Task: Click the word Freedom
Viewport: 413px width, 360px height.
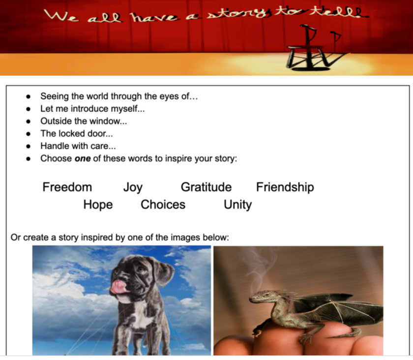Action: pos(67,187)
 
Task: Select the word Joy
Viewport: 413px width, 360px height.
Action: pos(133,188)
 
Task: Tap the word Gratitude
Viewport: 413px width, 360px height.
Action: pos(206,187)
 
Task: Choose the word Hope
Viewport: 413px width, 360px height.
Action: pos(98,205)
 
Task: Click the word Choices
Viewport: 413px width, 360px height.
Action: pos(163,205)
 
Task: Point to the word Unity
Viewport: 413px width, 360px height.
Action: pos(238,205)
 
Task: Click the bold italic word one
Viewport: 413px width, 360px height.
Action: pos(83,159)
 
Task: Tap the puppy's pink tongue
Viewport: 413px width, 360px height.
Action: pos(118,287)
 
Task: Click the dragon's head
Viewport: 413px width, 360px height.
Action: pos(260,297)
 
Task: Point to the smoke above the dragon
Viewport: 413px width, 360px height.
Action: pos(261,269)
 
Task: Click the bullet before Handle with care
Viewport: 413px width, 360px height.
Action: pos(29,146)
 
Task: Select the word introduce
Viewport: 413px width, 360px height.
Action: pos(89,109)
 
